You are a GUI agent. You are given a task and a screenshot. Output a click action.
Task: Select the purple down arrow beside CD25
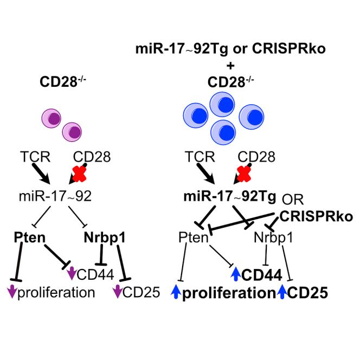click(x=118, y=293)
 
